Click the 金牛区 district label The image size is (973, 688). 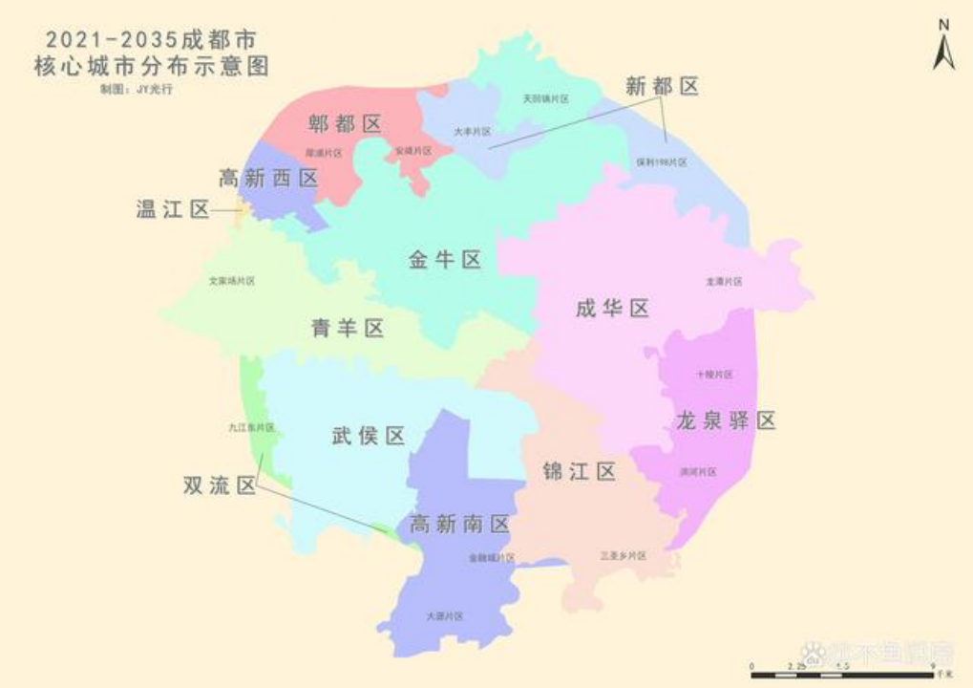click(x=445, y=259)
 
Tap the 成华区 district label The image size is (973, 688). click(x=612, y=308)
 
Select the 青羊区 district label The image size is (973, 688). click(x=348, y=329)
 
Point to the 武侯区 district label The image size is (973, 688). click(x=369, y=437)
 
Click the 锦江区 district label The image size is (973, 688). click(x=579, y=471)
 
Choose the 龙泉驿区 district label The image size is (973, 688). click(x=726, y=420)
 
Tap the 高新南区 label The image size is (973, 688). click(x=461, y=524)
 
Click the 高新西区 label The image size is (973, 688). click(x=268, y=179)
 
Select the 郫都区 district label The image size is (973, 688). click(x=345, y=123)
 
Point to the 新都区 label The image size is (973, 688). click(x=663, y=86)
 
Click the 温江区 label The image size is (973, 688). click(x=173, y=209)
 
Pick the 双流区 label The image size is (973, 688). click(x=220, y=485)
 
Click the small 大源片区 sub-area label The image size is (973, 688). click(x=445, y=617)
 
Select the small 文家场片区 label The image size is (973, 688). click(x=232, y=281)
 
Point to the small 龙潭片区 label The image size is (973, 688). click(x=724, y=282)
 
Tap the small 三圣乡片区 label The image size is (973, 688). click(x=623, y=555)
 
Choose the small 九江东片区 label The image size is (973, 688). click(x=251, y=427)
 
